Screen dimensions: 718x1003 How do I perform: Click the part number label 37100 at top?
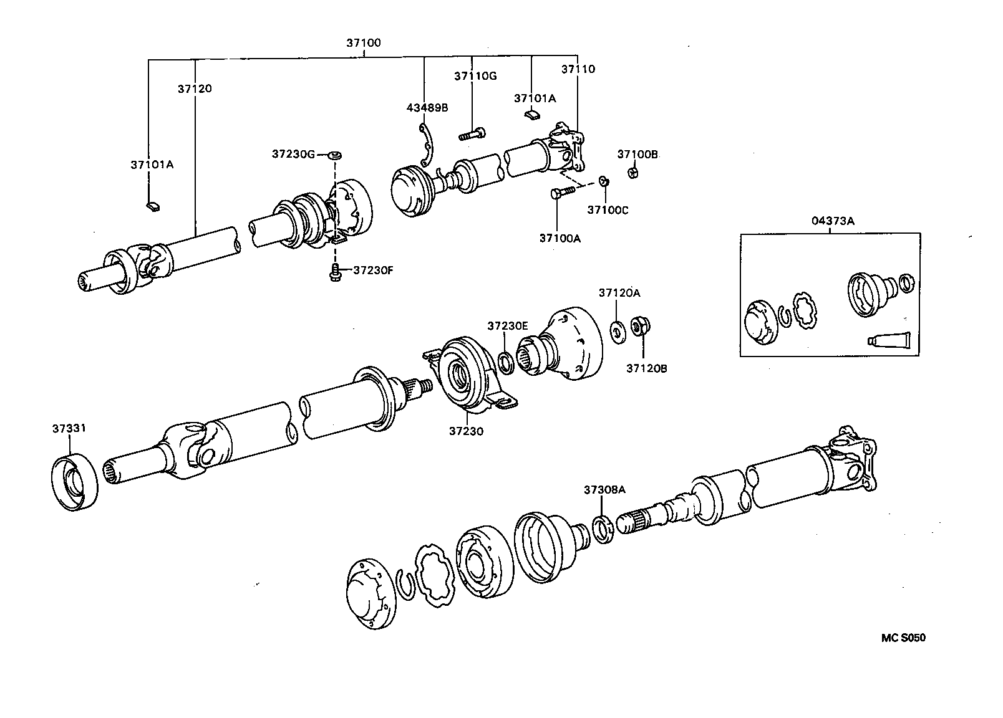point(363,43)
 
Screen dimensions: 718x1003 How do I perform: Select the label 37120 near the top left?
point(194,89)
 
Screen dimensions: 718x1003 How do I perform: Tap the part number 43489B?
point(427,107)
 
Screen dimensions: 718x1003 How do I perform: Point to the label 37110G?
point(475,76)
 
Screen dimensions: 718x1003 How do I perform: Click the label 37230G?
point(293,153)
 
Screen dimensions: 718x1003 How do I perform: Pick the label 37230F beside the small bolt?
point(373,270)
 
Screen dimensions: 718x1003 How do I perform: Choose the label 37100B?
point(637,154)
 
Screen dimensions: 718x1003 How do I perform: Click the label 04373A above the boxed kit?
point(833,221)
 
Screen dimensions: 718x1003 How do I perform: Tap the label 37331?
point(69,429)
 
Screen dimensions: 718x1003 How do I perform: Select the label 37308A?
point(604,491)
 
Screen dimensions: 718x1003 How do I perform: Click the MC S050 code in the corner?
point(903,638)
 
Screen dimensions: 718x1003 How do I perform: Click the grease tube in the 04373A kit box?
point(889,340)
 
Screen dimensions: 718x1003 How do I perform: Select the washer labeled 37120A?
point(618,330)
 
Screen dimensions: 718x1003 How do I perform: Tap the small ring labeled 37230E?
point(506,362)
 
